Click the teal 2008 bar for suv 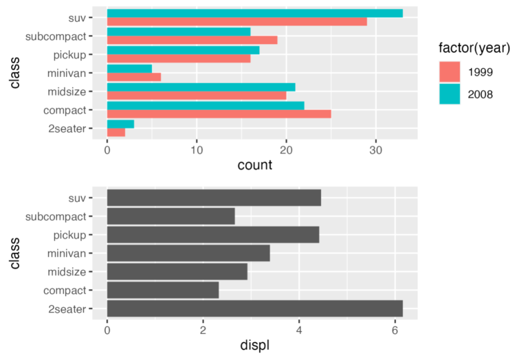254,13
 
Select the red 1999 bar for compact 219,113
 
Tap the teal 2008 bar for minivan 129,68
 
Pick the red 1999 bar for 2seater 116,132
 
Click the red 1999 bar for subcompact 192,40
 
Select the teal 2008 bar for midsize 201,87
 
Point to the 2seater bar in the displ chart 254,309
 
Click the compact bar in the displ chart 163,291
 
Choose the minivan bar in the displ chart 188,254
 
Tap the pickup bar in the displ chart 213,235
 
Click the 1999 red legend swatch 449,71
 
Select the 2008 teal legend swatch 449,94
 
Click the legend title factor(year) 474,48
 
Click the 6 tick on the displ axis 395,330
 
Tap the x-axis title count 254,165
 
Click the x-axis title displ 254,346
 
